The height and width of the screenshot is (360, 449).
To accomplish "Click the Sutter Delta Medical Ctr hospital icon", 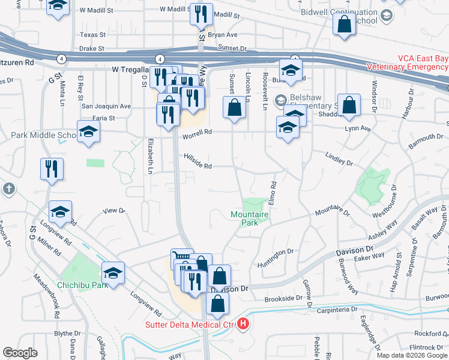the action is click(243, 325).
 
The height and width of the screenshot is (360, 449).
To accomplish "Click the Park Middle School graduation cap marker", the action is click(88, 131).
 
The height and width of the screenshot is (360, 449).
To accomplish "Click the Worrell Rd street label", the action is click(199, 132).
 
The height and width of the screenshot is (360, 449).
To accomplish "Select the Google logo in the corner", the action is click(20, 353).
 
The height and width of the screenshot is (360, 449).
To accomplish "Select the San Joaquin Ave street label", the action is click(106, 106).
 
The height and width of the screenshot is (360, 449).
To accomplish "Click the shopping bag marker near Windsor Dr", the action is click(349, 104).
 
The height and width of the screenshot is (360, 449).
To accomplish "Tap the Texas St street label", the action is click(92, 35).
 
